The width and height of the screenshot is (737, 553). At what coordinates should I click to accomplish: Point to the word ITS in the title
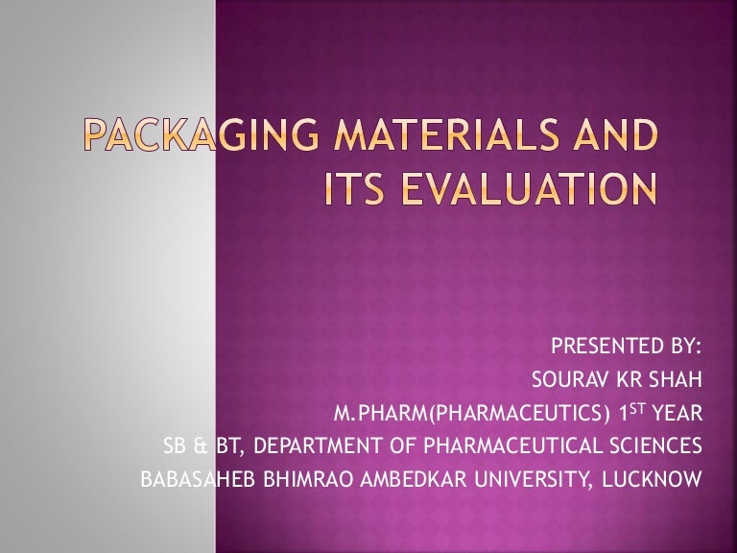click(x=355, y=188)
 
